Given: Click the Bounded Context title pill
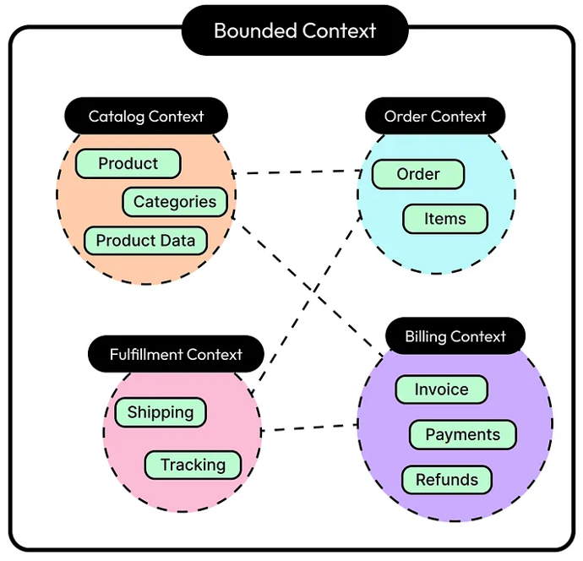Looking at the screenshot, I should (295, 31).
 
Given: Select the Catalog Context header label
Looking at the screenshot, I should (146, 117).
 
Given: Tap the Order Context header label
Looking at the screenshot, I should (435, 116).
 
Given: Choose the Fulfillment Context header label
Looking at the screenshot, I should (176, 355).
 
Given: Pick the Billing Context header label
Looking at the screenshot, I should (455, 336).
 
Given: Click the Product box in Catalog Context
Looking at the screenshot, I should (128, 164).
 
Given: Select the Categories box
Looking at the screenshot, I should (175, 202).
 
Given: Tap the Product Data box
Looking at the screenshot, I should (145, 241).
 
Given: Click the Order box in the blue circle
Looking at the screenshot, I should (418, 175).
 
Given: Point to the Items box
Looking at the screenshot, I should (445, 219).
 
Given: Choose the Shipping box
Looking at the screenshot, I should (161, 413).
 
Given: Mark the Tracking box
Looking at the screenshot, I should (193, 465).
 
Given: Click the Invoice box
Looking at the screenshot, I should (441, 389).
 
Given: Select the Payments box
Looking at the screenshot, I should (462, 435).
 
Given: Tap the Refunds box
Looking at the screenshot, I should (446, 480).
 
